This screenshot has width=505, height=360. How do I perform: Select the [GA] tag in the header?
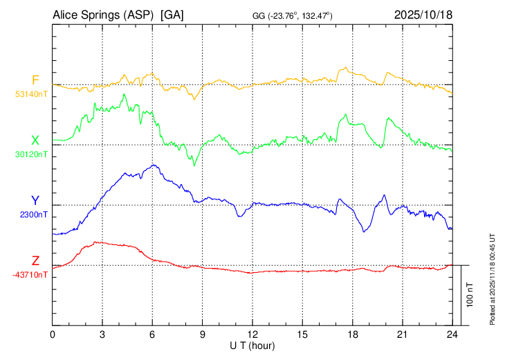[x=172, y=15]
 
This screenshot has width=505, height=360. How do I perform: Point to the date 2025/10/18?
[x=423, y=15]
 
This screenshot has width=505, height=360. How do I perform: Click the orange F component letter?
[x=35, y=80]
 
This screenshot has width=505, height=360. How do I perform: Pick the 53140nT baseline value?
[x=30, y=93]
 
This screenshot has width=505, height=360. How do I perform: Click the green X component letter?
[x=35, y=141]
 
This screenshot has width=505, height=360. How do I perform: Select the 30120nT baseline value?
[x=30, y=154]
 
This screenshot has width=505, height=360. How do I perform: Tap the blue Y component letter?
[x=35, y=201]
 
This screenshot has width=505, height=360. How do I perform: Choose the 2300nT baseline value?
[x=33, y=215]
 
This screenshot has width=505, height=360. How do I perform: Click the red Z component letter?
[x=35, y=261]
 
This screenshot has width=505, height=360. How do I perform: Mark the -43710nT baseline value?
[x=30, y=275]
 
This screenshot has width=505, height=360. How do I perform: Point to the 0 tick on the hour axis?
[x=53, y=334]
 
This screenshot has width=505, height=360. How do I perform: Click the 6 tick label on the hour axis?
[x=152, y=334]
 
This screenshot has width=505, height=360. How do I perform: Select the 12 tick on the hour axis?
[x=252, y=334]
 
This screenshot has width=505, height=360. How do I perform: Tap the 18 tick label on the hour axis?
[x=352, y=334]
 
